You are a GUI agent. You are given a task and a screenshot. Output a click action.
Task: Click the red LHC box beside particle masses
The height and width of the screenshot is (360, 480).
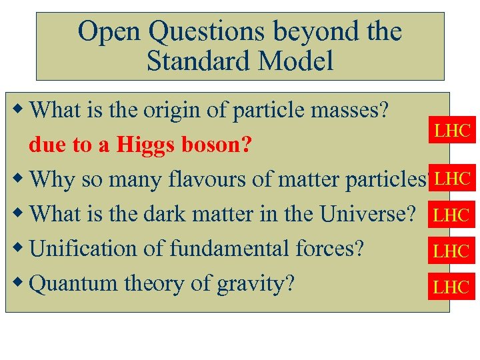pyautogui.click(x=452, y=131)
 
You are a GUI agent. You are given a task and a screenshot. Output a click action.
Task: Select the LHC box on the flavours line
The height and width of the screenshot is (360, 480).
pyautogui.click(x=452, y=178)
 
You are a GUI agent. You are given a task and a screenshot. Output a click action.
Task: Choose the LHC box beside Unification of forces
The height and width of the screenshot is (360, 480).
pyautogui.click(x=452, y=251)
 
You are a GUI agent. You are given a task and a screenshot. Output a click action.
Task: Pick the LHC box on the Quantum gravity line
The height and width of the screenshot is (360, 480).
pyautogui.click(x=452, y=287)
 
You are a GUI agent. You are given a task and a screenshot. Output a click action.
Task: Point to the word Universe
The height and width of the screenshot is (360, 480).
pyautogui.click(x=367, y=214)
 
